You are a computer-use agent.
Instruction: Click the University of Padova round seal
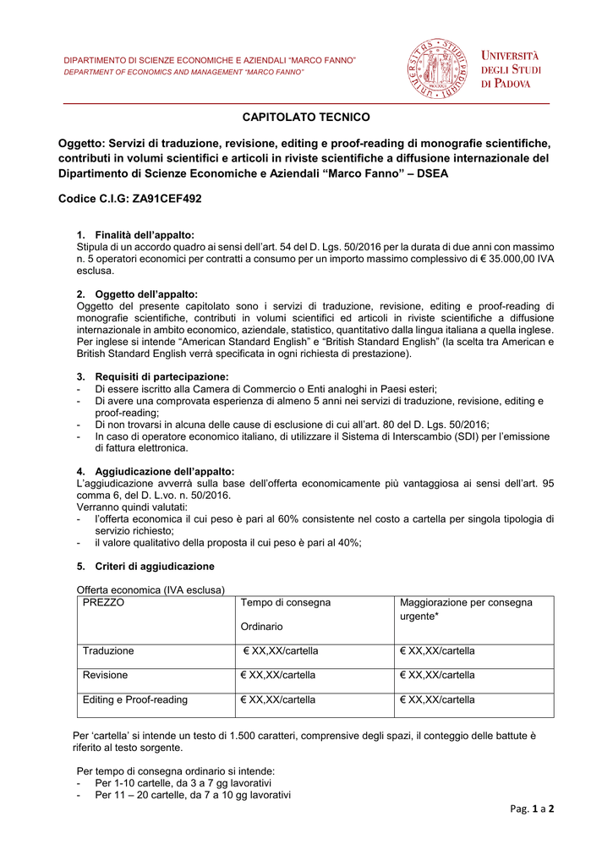tap(436, 69)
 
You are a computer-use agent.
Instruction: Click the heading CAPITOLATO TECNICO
tap(306, 117)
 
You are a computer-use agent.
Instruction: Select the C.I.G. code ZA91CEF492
tap(165, 198)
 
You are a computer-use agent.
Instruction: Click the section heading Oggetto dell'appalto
tap(146, 293)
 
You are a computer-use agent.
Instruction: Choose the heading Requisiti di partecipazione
tap(161, 376)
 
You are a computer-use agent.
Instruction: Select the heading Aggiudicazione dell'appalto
tap(165, 471)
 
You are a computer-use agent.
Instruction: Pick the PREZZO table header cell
tap(103, 603)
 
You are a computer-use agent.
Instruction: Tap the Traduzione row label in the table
tap(108, 651)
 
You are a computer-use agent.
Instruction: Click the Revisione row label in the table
tap(106, 676)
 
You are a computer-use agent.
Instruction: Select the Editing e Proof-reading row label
tap(135, 700)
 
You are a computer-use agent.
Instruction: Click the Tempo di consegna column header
tap(286, 603)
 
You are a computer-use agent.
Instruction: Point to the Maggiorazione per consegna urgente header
tap(466, 609)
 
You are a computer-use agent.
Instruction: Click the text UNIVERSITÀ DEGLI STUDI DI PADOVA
tap(512, 69)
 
